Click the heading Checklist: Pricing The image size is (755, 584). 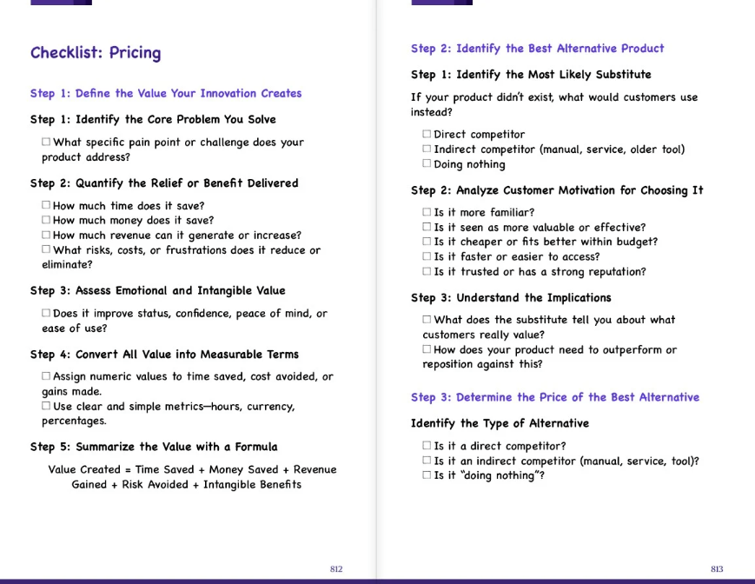96,53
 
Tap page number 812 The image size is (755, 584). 336,569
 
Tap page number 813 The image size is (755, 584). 717,569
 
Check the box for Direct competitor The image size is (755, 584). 427,135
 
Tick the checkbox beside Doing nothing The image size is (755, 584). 427,164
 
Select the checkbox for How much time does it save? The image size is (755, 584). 46,206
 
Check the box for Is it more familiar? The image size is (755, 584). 427,213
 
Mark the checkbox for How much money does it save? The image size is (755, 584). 46,221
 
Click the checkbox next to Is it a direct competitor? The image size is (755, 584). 427,447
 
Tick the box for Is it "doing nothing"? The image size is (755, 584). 427,476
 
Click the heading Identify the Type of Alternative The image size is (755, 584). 500,424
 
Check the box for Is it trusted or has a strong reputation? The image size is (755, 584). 427,272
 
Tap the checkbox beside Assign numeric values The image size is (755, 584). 46,377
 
